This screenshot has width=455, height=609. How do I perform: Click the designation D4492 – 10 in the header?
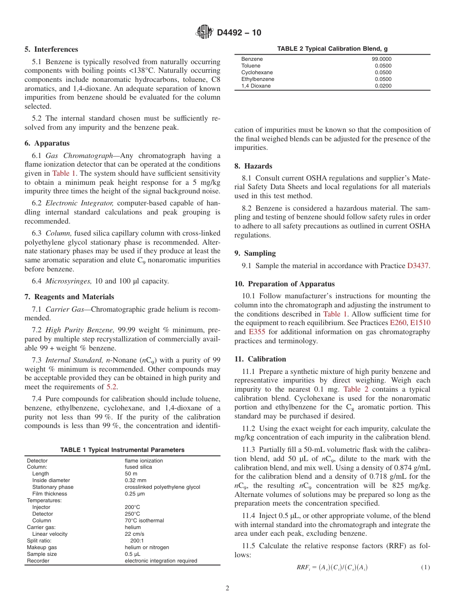pos(239,33)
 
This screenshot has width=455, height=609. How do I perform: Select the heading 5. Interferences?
pos(51,49)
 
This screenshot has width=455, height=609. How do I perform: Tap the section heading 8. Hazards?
pos(253,166)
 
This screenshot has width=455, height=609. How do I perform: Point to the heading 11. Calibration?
pos(260,359)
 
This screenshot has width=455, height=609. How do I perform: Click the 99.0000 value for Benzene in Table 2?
pos(378,59)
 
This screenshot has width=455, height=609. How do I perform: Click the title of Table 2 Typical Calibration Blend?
pos(332,48)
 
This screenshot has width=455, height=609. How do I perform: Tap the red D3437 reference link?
pos(418,266)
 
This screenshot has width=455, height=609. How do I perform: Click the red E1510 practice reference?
pos(420,323)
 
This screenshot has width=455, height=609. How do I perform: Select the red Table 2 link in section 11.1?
pos(356,389)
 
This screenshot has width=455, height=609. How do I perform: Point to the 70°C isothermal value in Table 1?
pos(144,520)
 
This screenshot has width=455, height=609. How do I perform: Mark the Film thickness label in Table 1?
pos(49,494)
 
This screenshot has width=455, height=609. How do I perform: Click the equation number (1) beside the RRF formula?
pos(425,567)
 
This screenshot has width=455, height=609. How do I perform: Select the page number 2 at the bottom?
pos(227,588)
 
